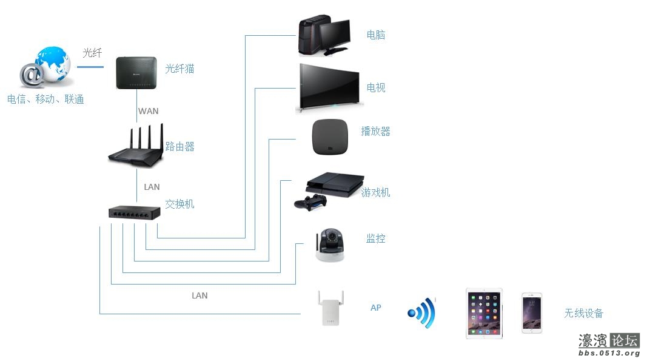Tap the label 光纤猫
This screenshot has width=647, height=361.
(x=179, y=69)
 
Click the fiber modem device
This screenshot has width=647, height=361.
(x=136, y=73)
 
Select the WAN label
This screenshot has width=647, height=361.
(x=149, y=111)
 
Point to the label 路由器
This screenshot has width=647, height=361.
(x=179, y=147)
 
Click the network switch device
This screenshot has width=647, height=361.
(x=135, y=212)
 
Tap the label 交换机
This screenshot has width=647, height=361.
(x=179, y=204)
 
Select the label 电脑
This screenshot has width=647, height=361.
(x=375, y=35)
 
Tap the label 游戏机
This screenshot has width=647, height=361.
(x=375, y=192)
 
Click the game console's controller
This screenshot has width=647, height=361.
(x=311, y=202)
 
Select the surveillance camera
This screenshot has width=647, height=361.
(x=331, y=245)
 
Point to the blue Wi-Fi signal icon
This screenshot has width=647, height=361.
(x=423, y=312)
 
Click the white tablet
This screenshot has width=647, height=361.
(x=484, y=313)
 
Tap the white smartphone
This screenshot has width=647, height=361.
(x=532, y=312)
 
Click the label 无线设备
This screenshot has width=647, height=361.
(x=583, y=313)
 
